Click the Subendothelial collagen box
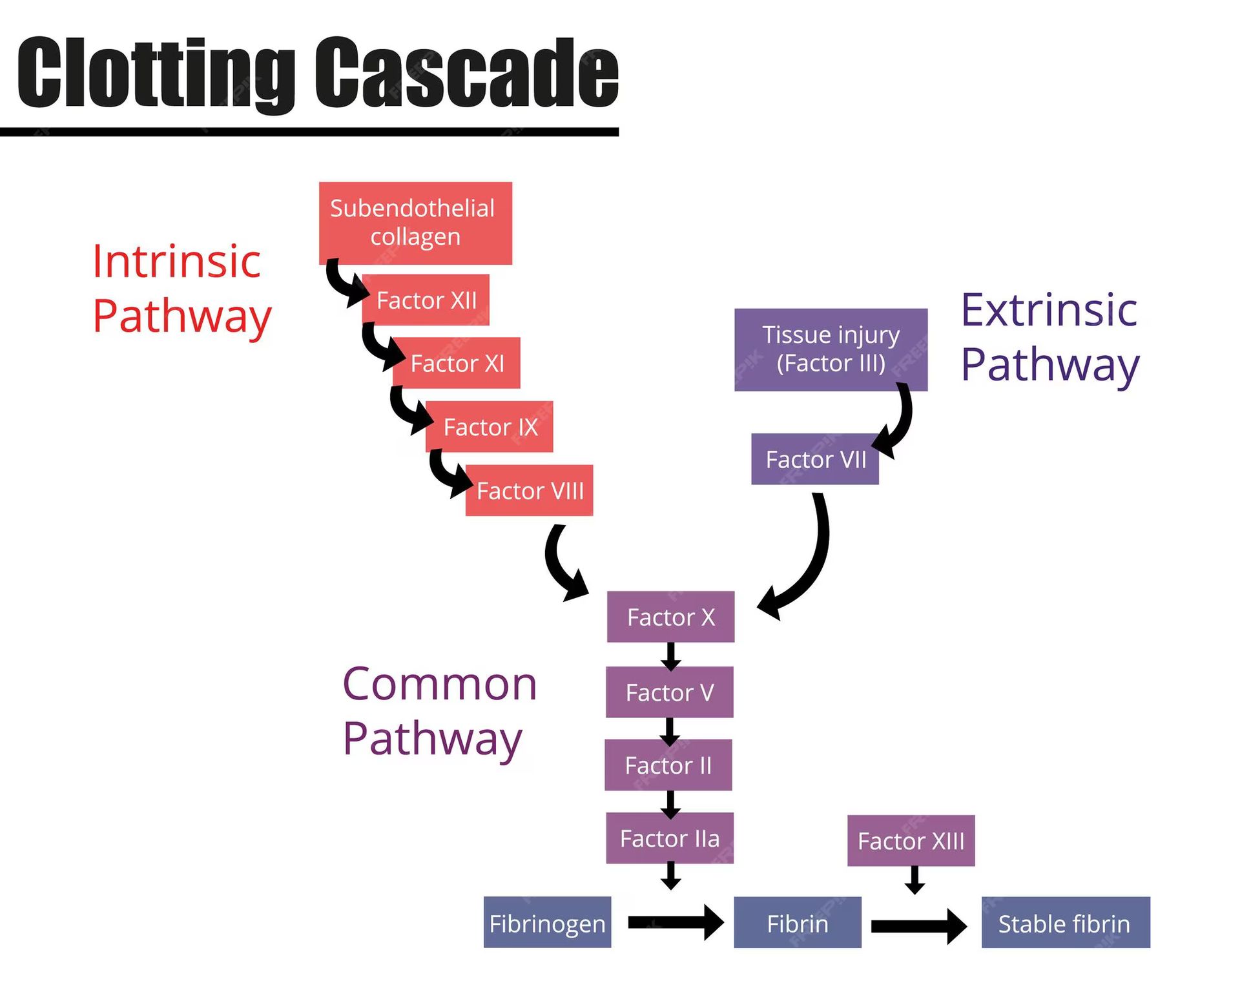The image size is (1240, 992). click(x=415, y=223)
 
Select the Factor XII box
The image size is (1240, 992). click(x=426, y=300)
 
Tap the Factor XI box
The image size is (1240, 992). click(x=457, y=363)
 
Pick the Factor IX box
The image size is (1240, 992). click(x=490, y=427)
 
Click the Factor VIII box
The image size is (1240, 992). click(x=529, y=491)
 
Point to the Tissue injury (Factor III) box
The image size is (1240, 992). click(x=831, y=349)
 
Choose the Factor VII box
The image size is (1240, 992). click(x=815, y=459)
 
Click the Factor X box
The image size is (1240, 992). click(x=670, y=617)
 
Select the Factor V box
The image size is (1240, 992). click(x=669, y=692)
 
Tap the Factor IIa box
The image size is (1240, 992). click(x=670, y=838)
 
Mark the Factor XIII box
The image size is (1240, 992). click(x=911, y=841)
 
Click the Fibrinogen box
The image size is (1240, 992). click(x=547, y=923)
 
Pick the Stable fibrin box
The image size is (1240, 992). click(x=1065, y=923)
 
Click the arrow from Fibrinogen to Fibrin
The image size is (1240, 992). click(x=675, y=922)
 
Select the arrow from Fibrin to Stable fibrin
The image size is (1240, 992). click(x=918, y=926)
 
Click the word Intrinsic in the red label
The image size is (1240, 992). click(x=176, y=262)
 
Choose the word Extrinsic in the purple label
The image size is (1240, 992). click(x=1049, y=311)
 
